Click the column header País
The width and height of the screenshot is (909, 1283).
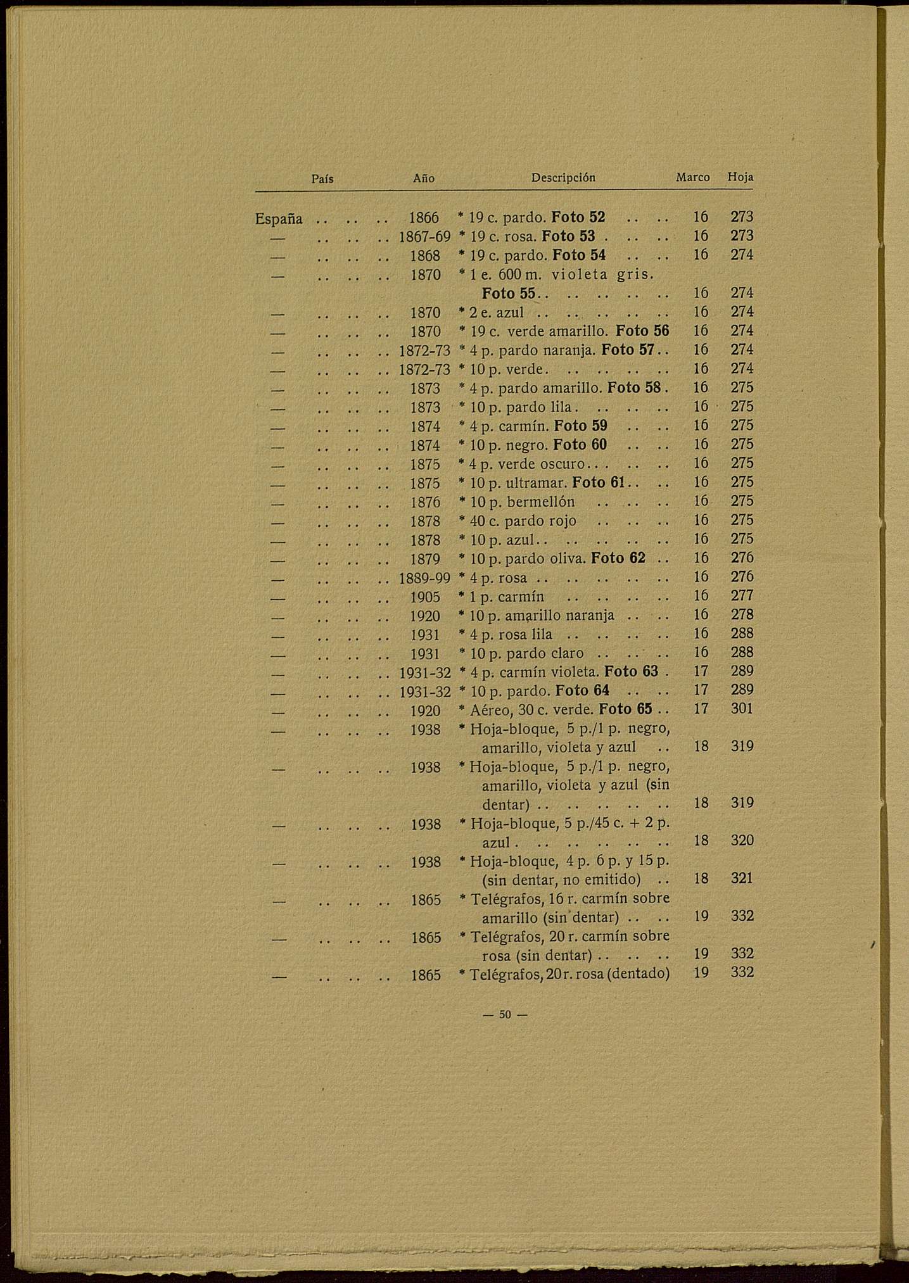tap(322, 179)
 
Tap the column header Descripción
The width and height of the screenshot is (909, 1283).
tap(563, 178)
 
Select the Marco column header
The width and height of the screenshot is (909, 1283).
tap(692, 178)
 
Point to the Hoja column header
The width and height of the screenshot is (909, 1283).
tap(741, 178)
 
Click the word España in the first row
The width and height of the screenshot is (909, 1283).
tap(279, 219)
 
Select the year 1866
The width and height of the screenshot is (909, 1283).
tap(424, 218)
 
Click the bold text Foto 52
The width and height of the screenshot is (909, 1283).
tap(578, 217)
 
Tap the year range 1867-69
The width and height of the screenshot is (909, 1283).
tap(424, 237)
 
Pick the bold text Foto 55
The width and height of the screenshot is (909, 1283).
tap(509, 294)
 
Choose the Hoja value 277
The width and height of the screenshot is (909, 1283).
tap(742, 596)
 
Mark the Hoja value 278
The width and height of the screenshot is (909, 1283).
tap(742, 615)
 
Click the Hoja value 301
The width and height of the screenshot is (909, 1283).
tap(742, 709)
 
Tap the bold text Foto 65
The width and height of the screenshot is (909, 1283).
tap(625, 709)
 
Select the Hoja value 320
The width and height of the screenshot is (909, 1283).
tap(742, 840)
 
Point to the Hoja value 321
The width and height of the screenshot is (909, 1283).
tap(742, 878)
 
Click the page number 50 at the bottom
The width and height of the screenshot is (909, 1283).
tap(505, 1014)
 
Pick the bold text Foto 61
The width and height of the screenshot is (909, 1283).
tap(599, 483)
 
